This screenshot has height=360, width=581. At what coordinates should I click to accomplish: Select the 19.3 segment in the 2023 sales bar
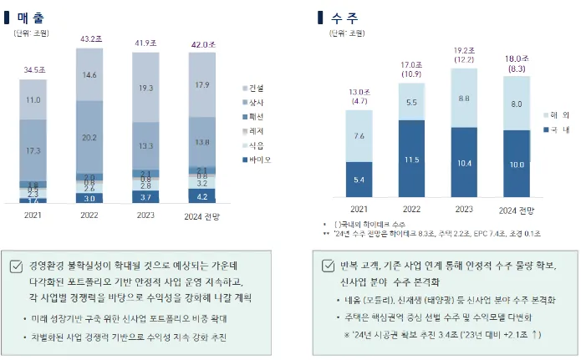click(x=145, y=87)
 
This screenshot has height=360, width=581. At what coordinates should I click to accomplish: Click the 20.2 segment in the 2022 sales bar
click(x=90, y=137)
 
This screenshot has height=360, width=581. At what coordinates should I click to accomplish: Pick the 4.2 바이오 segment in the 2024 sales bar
click(x=201, y=197)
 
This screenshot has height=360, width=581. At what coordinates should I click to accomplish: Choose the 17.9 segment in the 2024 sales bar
click(x=201, y=84)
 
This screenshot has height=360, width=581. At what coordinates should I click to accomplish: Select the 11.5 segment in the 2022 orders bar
click(x=412, y=160)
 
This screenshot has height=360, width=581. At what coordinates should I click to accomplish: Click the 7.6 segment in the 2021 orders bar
click(x=359, y=136)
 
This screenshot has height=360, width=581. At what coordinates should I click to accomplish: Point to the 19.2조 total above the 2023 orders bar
click(x=465, y=51)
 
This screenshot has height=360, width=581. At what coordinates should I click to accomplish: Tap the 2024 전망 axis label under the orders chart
click(x=517, y=208)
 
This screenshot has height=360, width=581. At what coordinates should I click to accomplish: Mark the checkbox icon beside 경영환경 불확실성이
click(x=16, y=267)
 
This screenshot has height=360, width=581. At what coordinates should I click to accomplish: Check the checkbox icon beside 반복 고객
click(x=329, y=266)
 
